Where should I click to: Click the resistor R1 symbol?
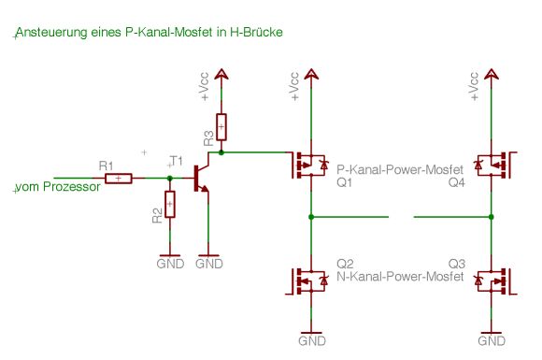[x=119, y=179]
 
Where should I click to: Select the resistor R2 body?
[x=170, y=204]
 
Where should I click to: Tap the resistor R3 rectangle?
[x=221, y=127]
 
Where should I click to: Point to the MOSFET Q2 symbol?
[x=307, y=281]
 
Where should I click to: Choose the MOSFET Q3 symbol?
[x=495, y=281]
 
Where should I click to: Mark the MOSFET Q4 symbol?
[x=495, y=166]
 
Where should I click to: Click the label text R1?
[x=106, y=166]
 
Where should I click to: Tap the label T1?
[x=177, y=161]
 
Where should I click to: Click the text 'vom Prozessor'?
[x=58, y=187]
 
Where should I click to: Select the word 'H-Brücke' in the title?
[x=256, y=32]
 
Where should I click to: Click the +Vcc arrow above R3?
[x=221, y=74]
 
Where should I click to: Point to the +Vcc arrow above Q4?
[x=492, y=74]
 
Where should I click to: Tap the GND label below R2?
[x=170, y=264]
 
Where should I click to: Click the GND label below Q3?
[x=492, y=341]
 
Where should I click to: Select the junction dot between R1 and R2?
[x=170, y=179]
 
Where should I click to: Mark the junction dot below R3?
[x=221, y=152]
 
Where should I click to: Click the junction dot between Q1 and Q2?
[x=311, y=217]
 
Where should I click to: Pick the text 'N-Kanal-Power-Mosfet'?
[x=400, y=277]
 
